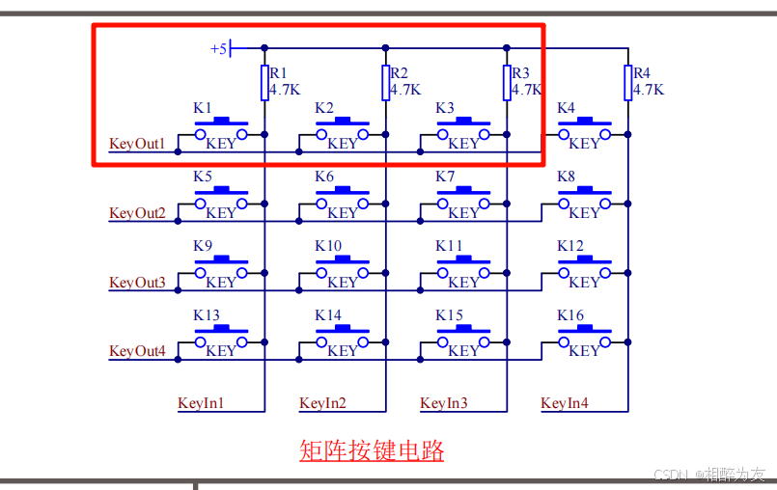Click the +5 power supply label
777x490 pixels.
click(219, 48)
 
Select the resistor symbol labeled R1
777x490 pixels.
click(264, 83)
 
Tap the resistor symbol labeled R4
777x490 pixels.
click(627, 83)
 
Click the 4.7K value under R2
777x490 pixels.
click(406, 90)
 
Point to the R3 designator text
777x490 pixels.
click(521, 73)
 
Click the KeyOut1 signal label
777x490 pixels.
click(137, 145)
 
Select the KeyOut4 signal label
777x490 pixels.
click(137, 352)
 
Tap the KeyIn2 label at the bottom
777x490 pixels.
click(322, 403)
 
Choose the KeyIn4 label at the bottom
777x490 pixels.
click(565, 403)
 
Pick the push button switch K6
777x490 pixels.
click(342, 200)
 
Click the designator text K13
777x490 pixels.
click(207, 315)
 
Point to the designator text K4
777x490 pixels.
click(566, 108)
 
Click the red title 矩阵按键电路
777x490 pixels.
click(372, 450)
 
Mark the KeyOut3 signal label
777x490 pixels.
click(137, 283)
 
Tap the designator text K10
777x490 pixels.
click(328, 246)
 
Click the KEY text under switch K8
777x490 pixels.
click(584, 213)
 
